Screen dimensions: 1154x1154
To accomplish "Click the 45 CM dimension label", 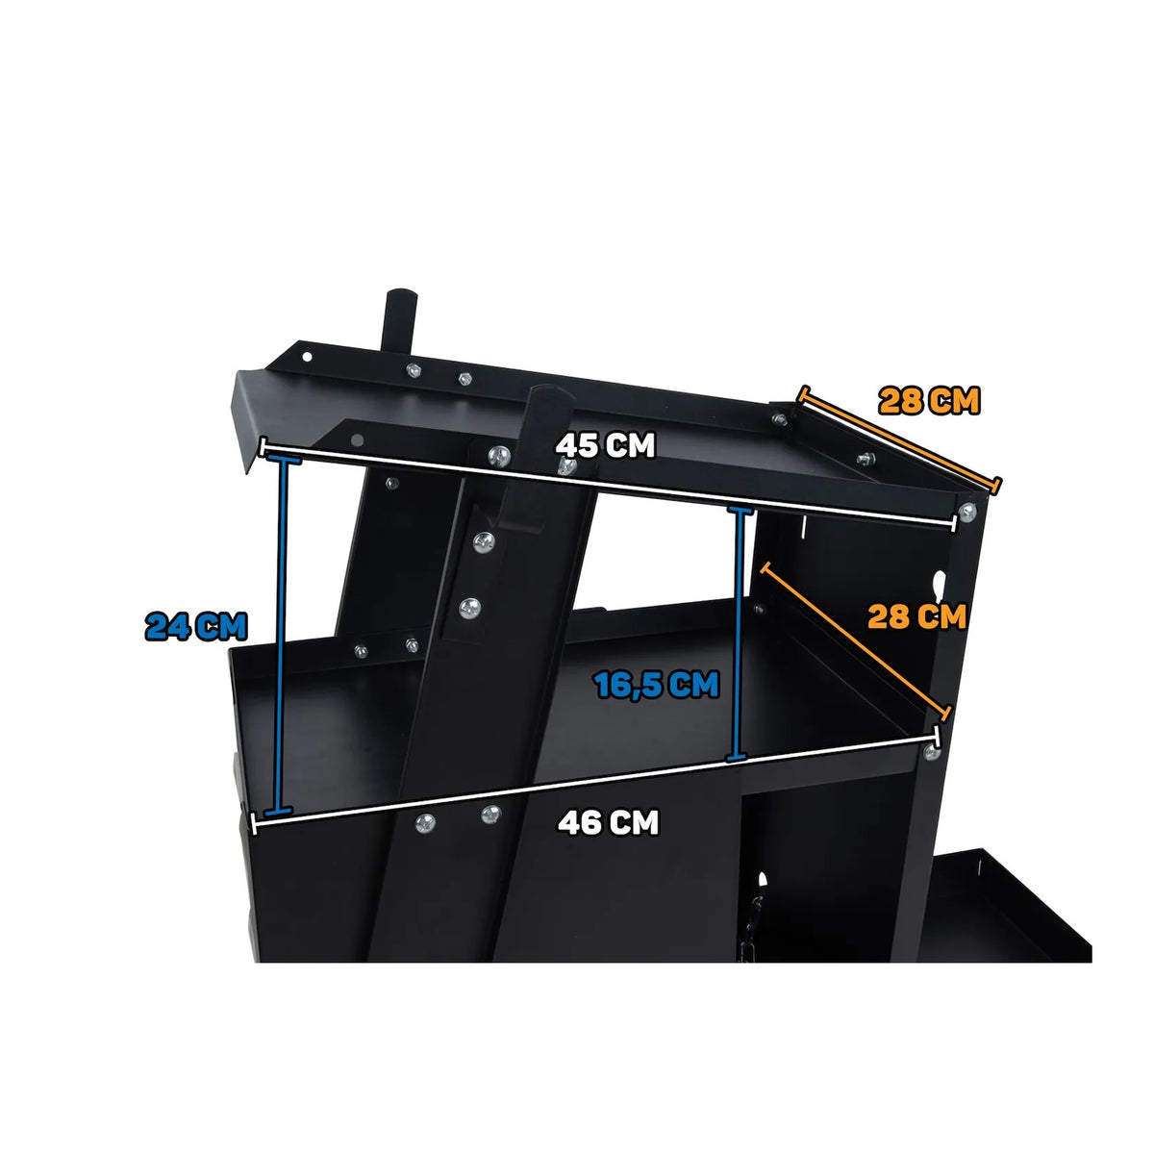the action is click(605, 445).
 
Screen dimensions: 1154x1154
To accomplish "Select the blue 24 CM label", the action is click(196, 626).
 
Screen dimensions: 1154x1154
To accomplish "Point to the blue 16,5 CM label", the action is click(657, 685).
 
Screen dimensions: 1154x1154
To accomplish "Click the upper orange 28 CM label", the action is click(929, 401).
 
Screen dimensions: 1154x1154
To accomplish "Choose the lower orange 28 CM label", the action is click(916, 616).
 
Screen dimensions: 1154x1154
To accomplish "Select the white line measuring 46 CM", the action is click(595, 780).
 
